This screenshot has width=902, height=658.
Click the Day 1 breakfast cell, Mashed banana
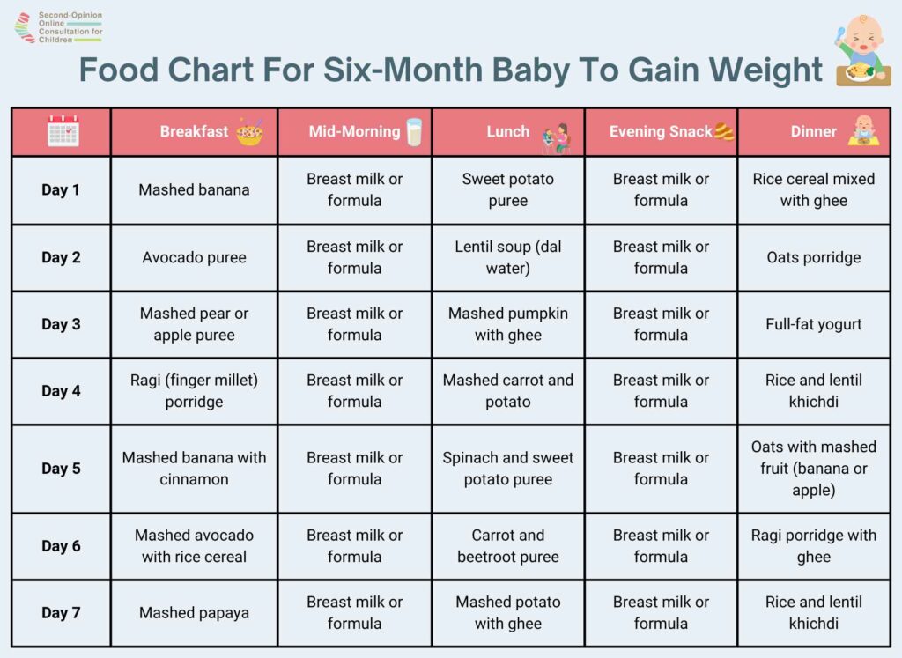pos(194,189)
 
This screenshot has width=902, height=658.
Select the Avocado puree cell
pos(194,257)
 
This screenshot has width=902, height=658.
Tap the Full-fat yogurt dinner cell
pos(813,324)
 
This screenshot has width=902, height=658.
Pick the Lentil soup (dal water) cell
pos(508,257)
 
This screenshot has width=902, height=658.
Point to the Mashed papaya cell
pos(194,612)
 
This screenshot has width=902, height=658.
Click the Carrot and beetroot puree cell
pos(508,546)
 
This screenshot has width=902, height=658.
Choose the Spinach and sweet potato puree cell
pos(508,469)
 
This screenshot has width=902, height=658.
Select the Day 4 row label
pos(61,391)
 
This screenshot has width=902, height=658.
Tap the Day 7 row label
pos(61,612)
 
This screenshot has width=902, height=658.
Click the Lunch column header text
pos(508,132)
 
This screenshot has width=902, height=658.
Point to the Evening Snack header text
pos(661,132)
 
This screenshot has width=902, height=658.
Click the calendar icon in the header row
pos(63,131)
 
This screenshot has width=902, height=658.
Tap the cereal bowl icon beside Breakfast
pos(249,132)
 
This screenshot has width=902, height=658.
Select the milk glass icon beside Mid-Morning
pos(414,132)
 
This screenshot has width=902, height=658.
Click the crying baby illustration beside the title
pos(862,51)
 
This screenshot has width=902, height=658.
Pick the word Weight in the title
pos(765,70)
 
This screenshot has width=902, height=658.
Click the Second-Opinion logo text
pos(70,27)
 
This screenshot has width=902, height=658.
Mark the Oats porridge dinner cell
pos(813,257)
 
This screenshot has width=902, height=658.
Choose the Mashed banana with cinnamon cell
pos(194,469)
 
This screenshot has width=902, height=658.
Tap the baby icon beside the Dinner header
pos(863,130)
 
